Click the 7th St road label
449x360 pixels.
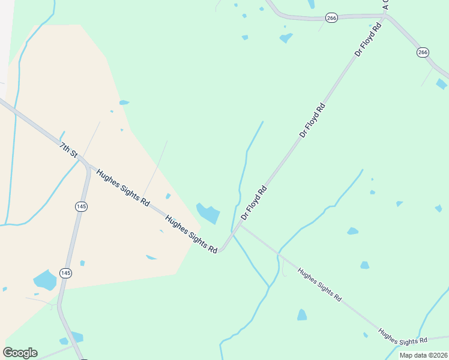[68, 149]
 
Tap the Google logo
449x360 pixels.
[20, 353]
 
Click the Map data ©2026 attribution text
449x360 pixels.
[424, 355]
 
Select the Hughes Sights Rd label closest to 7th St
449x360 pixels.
[122, 187]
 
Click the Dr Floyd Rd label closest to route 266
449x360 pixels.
[368, 40]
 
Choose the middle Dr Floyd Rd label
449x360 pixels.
[312, 121]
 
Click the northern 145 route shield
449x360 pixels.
[82, 206]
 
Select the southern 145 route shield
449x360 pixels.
[65, 273]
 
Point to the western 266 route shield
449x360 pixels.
[332, 18]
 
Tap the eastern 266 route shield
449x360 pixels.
[423, 53]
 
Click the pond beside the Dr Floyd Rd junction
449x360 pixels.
[209, 213]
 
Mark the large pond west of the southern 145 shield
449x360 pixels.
[45, 280]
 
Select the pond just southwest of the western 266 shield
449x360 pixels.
[286, 38]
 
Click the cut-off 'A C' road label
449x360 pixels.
[385, 4]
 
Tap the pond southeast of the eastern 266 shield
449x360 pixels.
[442, 84]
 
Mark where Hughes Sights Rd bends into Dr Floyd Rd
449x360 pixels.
[223, 249]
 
